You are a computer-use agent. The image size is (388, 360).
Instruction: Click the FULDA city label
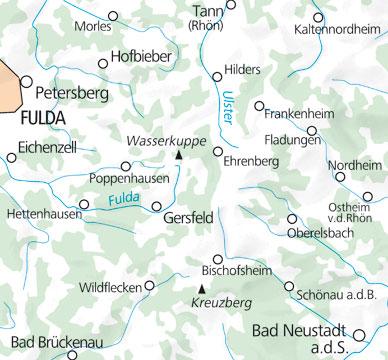click(x=41, y=116)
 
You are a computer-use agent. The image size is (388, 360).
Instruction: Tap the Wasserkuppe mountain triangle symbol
click(x=179, y=155)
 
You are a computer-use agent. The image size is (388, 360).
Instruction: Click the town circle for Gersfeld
click(x=156, y=207)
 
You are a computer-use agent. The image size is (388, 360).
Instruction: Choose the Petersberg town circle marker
click(x=27, y=81)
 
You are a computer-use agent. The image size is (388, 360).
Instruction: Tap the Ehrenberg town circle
click(x=218, y=151)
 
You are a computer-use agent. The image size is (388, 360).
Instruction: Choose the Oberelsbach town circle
click(x=292, y=218)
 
